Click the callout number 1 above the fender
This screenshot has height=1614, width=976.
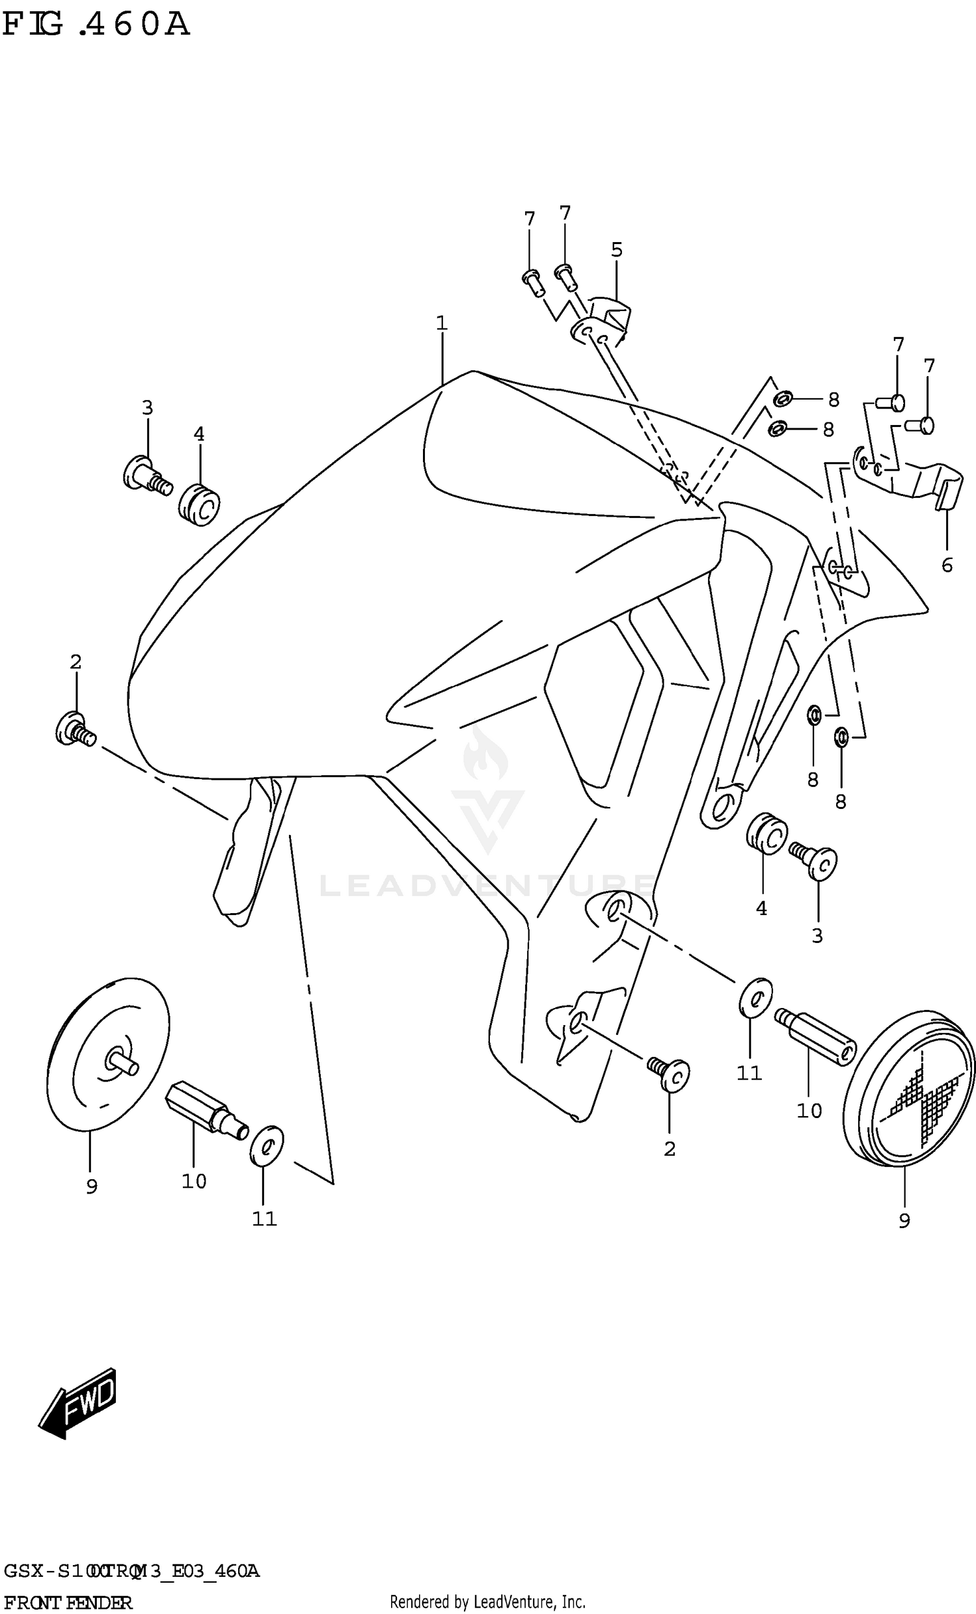(x=442, y=323)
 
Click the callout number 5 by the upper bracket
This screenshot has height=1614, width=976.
(x=616, y=249)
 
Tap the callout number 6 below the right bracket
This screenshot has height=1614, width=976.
(x=947, y=565)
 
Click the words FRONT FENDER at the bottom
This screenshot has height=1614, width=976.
(x=67, y=1602)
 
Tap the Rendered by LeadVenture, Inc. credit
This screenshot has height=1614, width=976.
(x=487, y=1602)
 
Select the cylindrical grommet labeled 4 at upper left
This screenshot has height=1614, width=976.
(x=199, y=504)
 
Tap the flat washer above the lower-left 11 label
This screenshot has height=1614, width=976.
(x=266, y=1146)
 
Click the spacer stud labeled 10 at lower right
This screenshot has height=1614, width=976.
(x=815, y=1036)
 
